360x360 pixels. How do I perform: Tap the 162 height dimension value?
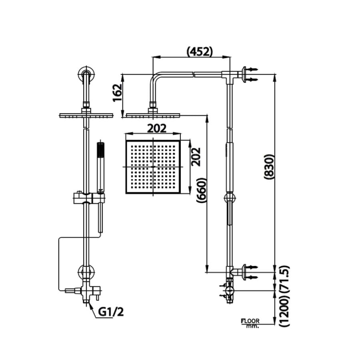click(118, 93)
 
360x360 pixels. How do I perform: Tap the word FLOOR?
click(250, 321)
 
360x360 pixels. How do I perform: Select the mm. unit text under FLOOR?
click(252, 326)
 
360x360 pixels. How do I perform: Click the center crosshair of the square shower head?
click(154, 166)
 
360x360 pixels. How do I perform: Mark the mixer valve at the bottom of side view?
click(229, 290)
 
